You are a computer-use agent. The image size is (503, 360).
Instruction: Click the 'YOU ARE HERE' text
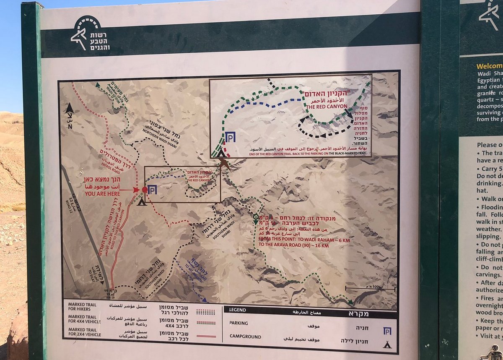coord(103,194)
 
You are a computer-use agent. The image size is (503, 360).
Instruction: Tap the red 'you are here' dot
coord(145,190)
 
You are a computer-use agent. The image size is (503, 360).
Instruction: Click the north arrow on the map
coord(69,110)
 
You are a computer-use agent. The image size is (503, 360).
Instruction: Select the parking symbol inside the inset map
coord(230,137)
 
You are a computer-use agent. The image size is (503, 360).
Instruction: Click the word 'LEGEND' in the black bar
coord(237,310)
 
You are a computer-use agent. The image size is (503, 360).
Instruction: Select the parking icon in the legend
coord(387,331)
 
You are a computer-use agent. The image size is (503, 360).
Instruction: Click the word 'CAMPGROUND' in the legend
coord(245,336)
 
